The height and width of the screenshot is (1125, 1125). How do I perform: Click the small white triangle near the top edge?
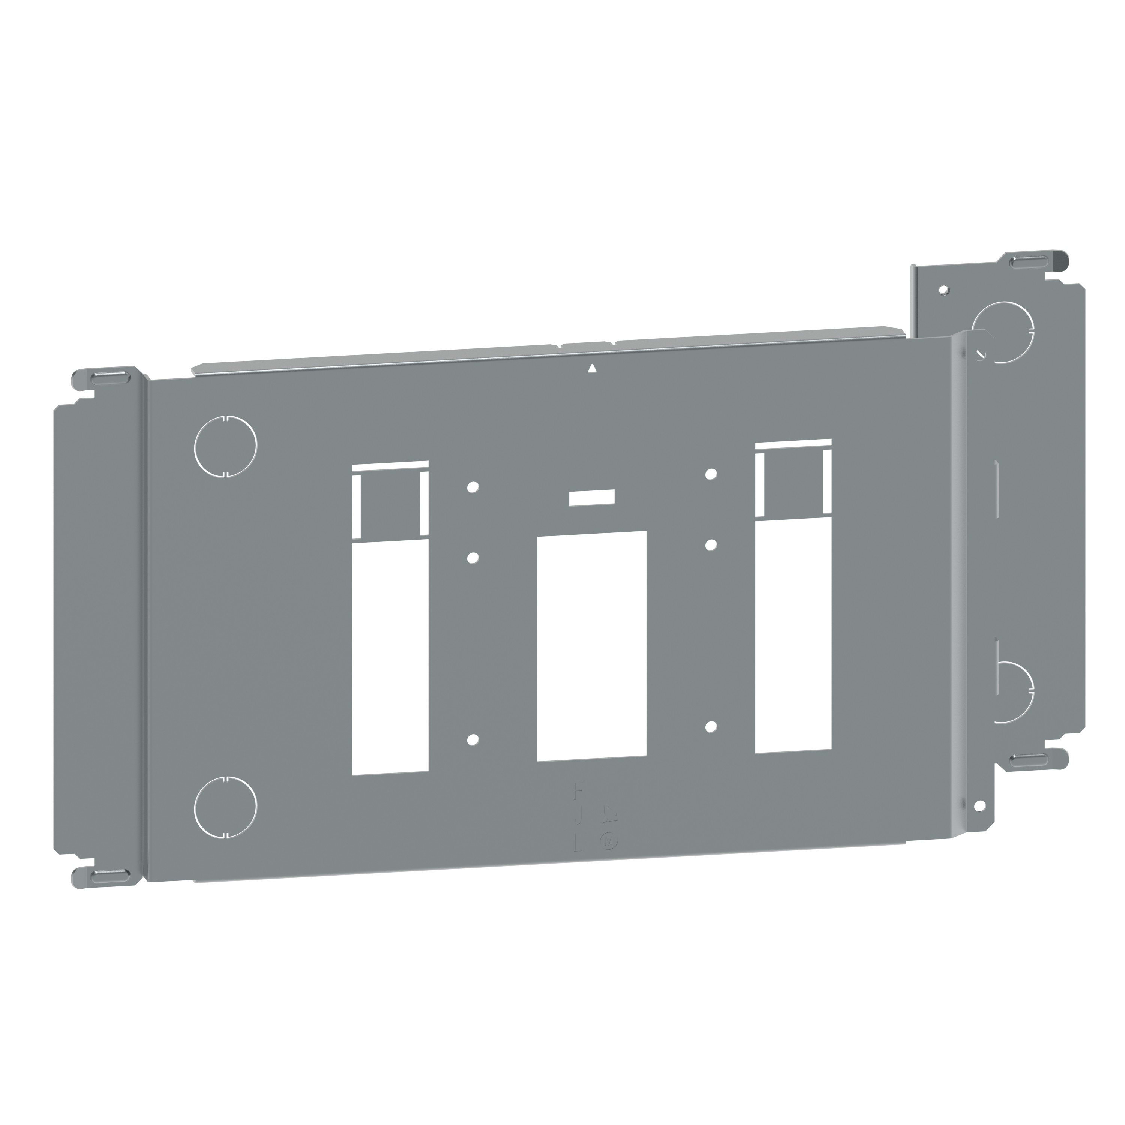click(592, 367)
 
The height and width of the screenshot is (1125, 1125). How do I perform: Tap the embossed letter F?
click(578, 790)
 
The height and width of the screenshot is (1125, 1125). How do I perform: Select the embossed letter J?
click(578, 818)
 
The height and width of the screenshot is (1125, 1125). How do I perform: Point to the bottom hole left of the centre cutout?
click(473, 739)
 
